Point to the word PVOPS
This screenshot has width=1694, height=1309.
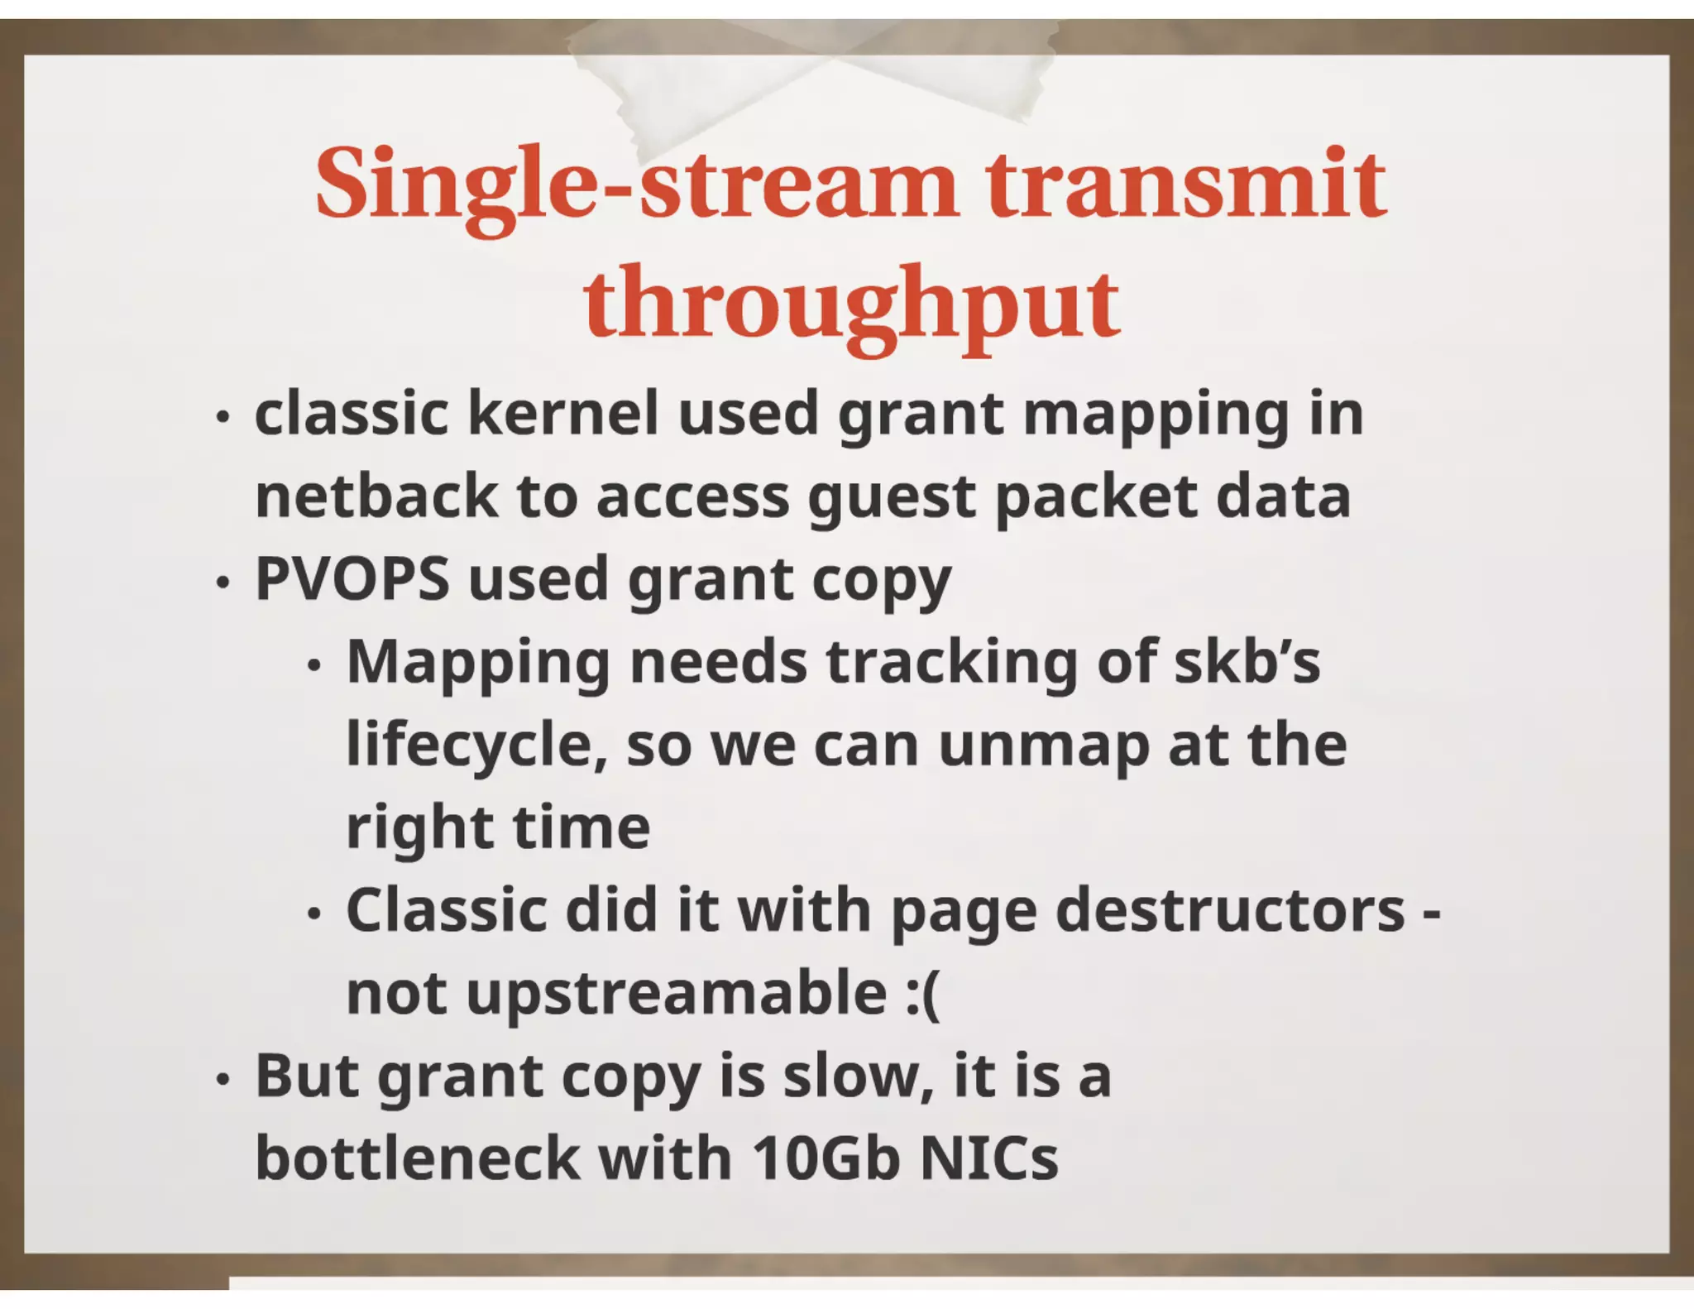point(352,578)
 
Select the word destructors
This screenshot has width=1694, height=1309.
point(1231,910)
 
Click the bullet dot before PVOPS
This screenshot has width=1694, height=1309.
point(221,583)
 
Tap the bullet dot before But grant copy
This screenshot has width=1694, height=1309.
point(221,1079)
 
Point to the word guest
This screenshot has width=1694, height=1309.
point(892,498)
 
